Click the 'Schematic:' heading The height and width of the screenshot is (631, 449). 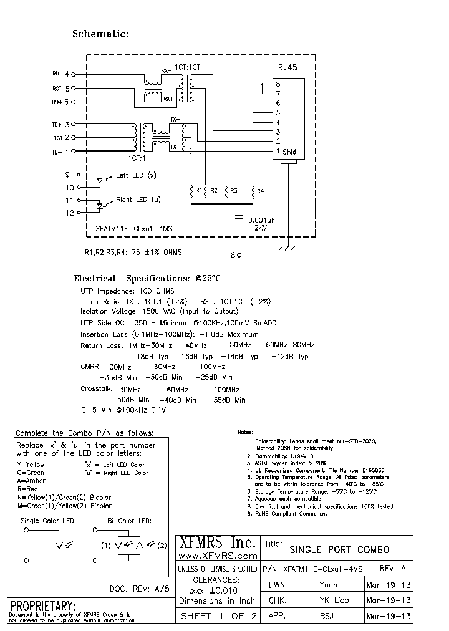(x=100, y=34)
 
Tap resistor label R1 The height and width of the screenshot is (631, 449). (x=198, y=190)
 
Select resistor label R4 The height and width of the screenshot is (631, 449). (x=260, y=190)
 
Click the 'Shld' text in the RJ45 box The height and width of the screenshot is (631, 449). (x=289, y=152)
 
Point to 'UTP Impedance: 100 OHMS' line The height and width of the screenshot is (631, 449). (x=127, y=291)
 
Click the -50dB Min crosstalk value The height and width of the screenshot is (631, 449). (x=130, y=400)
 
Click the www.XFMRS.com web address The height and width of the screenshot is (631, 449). (x=218, y=555)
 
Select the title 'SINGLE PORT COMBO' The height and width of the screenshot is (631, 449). (x=339, y=549)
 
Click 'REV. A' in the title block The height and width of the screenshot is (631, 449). (x=392, y=569)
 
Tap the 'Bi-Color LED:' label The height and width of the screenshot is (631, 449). (x=129, y=520)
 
